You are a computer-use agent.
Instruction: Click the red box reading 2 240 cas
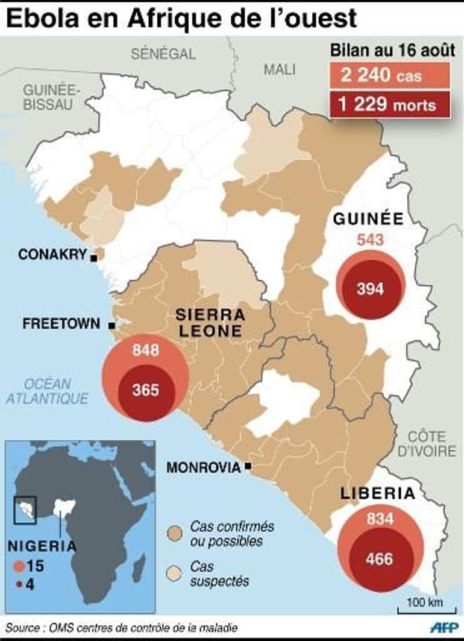point(390,77)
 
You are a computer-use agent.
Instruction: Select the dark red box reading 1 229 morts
point(390,105)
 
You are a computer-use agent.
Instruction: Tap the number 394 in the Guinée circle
point(370,289)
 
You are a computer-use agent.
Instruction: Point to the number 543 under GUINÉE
point(370,241)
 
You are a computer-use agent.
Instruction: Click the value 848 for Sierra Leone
point(146,349)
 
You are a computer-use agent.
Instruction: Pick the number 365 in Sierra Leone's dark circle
point(146,390)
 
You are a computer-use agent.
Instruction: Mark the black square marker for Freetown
point(111,326)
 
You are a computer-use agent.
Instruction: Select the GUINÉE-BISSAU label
point(48,96)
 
